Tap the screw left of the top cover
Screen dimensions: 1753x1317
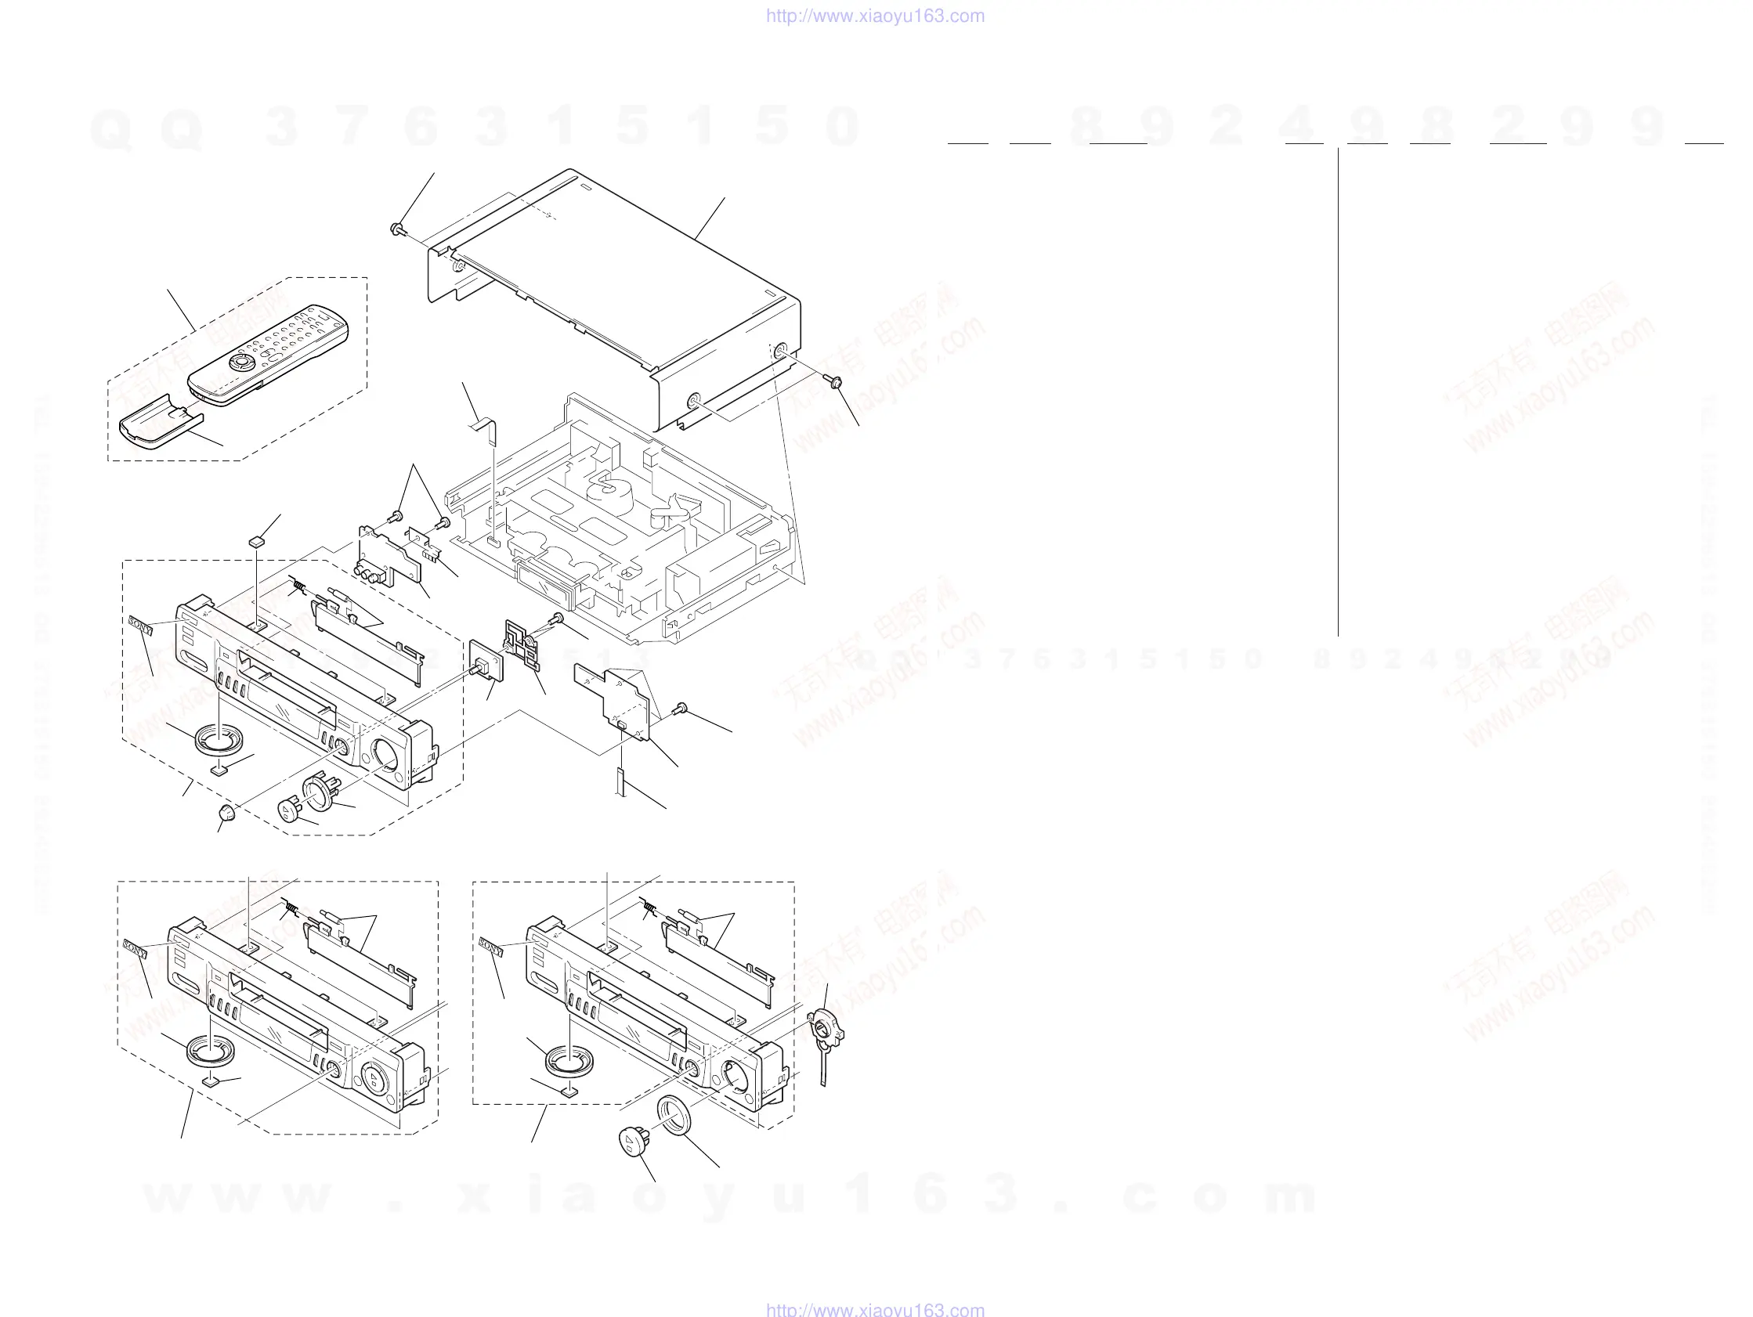tap(397, 229)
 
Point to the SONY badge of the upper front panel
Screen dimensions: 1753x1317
tap(140, 625)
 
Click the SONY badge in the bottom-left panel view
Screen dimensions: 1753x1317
tap(136, 948)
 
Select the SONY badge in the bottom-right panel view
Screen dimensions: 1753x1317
tap(491, 947)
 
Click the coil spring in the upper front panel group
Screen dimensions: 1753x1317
tap(298, 587)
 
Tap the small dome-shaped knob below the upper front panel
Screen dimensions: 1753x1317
tap(227, 812)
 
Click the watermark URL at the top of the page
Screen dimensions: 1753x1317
tap(875, 16)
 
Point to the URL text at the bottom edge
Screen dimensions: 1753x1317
tap(875, 1310)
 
